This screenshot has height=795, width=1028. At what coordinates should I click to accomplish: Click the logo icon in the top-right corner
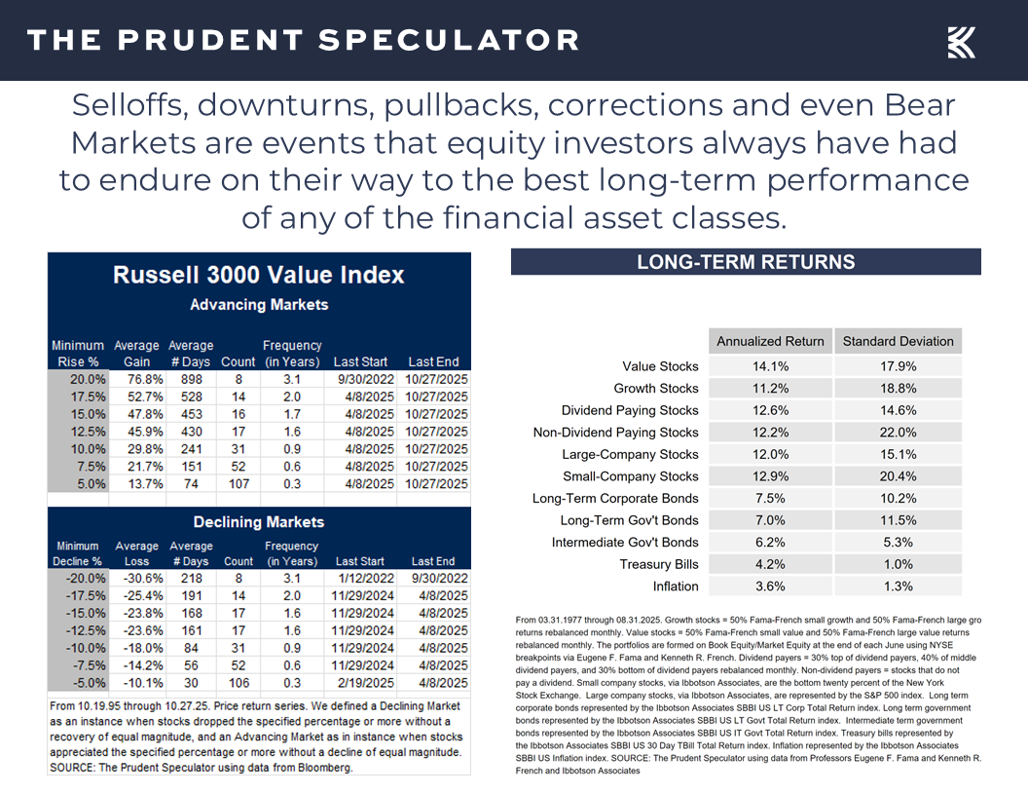(x=961, y=42)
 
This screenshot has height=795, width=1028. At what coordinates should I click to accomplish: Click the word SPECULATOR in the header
(x=449, y=41)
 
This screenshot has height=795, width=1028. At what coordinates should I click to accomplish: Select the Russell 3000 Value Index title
(x=258, y=275)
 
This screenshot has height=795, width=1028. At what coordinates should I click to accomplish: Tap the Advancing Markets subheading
(x=259, y=305)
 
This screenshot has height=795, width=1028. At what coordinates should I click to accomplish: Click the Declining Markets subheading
(x=259, y=522)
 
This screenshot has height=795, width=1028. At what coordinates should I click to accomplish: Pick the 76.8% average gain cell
(x=137, y=378)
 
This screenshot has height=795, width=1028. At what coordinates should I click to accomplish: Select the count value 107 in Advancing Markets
(x=239, y=484)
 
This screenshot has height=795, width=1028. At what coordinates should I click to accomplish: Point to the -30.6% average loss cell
(x=137, y=578)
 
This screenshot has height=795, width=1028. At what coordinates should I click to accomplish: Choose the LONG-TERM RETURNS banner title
(x=746, y=262)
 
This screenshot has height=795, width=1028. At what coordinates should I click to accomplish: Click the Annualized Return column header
(x=770, y=341)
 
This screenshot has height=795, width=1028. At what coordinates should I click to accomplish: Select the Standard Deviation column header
(x=898, y=341)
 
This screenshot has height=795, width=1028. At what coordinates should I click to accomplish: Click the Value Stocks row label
(x=660, y=366)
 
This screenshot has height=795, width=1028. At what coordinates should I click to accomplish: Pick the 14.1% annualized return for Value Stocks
(x=770, y=366)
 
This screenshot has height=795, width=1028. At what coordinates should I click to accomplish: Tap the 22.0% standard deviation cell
(x=898, y=433)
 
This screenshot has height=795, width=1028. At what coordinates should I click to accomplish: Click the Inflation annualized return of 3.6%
(x=770, y=587)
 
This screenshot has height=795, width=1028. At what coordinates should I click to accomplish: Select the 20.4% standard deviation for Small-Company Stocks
(x=898, y=476)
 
